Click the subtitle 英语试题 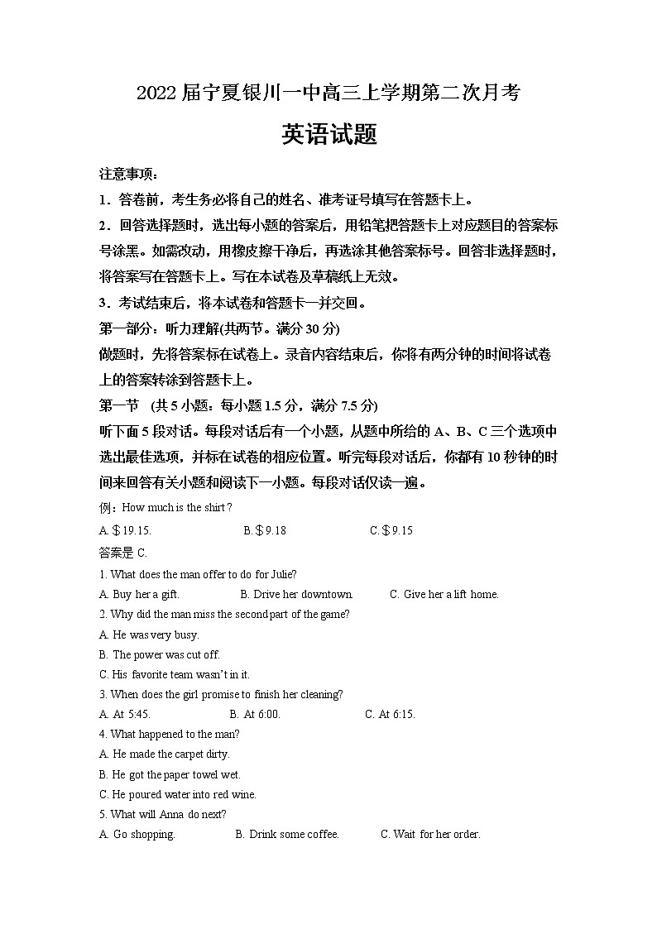[328, 135]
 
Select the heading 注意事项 [128, 175]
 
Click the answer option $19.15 [125, 530]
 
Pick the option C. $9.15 [391, 530]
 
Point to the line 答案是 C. [122, 553]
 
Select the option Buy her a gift [139, 594]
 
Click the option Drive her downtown [296, 594]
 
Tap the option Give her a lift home [444, 594]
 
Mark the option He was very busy [149, 634]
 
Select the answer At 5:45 [125, 714]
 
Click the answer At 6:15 [390, 714]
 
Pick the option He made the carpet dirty [164, 754]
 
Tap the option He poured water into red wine [178, 794]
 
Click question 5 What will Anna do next [163, 814]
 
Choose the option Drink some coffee [288, 834]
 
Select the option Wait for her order [430, 834]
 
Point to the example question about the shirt [165, 507]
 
